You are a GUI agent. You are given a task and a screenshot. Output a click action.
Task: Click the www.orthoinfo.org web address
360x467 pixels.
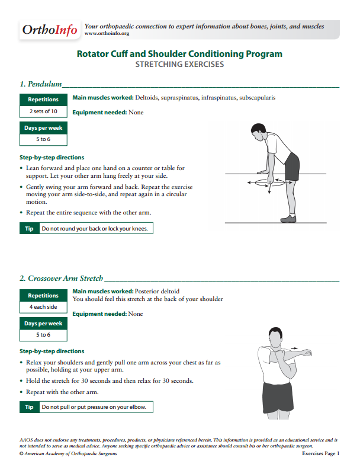point(107,34)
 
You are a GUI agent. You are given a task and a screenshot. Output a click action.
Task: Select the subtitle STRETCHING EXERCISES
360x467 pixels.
point(179,64)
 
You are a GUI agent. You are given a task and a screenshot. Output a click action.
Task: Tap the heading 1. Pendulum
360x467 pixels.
point(41,84)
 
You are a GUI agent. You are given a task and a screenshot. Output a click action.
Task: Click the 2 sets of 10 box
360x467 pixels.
point(43,111)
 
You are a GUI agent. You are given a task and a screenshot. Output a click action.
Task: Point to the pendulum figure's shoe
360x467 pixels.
point(288,219)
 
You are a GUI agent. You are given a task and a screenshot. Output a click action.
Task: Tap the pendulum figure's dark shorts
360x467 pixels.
point(292,166)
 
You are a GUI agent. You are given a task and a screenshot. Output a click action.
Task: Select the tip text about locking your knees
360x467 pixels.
point(95,228)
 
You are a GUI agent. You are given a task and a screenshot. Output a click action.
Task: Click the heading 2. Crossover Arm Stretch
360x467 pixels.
point(61,278)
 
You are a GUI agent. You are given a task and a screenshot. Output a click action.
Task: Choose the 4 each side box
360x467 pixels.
point(43,307)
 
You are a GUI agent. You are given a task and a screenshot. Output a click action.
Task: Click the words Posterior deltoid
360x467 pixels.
point(157,292)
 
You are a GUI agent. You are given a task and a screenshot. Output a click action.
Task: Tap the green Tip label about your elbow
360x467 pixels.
point(29,407)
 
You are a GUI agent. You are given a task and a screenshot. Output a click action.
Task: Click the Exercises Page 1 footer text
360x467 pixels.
point(320,453)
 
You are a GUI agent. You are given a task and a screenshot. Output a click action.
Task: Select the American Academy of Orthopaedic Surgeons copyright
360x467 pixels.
point(68,453)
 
